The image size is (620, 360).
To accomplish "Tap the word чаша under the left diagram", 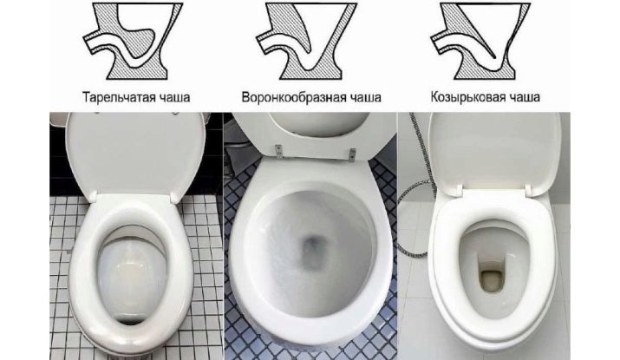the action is pyautogui.click(x=174, y=97).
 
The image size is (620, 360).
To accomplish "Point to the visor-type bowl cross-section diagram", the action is pyautogui.click(x=480, y=41).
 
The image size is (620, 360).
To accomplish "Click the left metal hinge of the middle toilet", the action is pyautogui.click(x=279, y=150).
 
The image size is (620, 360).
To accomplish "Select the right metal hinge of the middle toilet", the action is pyautogui.click(x=352, y=154).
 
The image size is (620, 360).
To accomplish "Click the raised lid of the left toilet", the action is pyautogui.click(x=134, y=154).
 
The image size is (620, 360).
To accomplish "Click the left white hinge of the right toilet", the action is pyautogui.click(x=460, y=189).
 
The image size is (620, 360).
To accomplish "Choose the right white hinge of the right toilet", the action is pyautogui.click(x=529, y=190).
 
